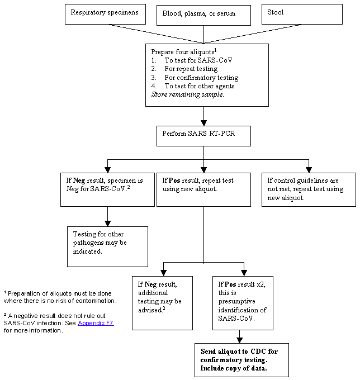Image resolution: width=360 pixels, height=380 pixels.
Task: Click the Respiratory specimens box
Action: tap(105, 13)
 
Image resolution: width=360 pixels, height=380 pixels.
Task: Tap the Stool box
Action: tap(301, 13)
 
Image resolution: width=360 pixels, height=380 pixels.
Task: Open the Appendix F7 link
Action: tap(96, 323)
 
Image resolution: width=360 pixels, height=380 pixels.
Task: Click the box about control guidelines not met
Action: tap(309, 189)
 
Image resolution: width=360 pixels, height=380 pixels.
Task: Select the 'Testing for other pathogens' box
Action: tap(107, 246)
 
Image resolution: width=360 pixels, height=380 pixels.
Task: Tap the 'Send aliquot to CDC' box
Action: tap(241, 360)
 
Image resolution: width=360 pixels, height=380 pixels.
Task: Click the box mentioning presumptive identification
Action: tap(242, 303)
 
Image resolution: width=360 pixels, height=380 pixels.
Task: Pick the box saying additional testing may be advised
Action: tap(162, 303)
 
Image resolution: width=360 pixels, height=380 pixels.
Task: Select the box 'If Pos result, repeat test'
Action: tap(203, 189)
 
